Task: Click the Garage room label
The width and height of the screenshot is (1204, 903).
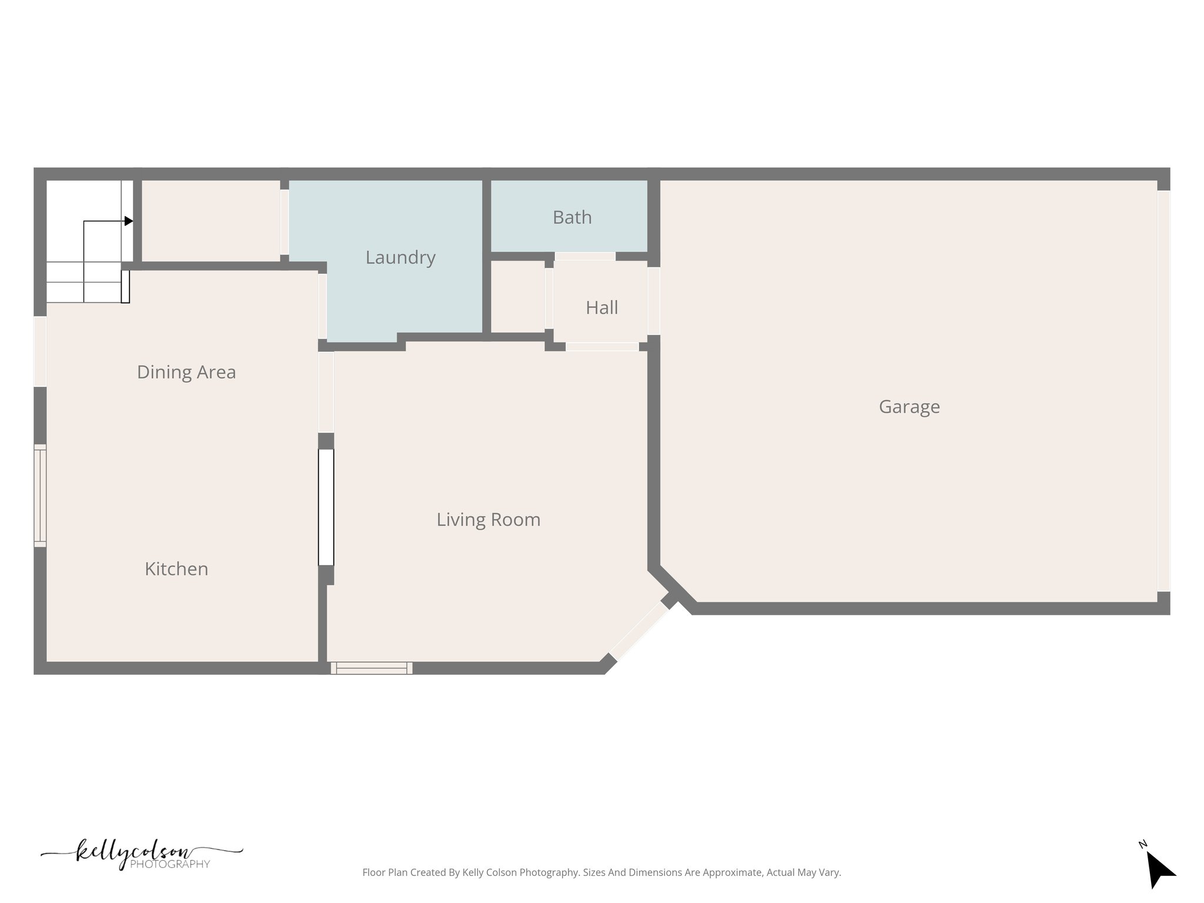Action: pyautogui.click(x=909, y=407)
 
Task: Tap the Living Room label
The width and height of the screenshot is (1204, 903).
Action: pyautogui.click(x=488, y=520)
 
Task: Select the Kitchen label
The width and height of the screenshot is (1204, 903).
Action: pyautogui.click(x=176, y=569)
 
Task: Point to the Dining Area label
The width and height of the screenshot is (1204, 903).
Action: pyautogui.click(x=186, y=372)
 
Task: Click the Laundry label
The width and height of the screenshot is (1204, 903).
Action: pyautogui.click(x=400, y=257)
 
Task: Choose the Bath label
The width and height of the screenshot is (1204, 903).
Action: pyautogui.click(x=572, y=218)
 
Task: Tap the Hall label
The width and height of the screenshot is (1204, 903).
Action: pyautogui.click(x=601, y=307)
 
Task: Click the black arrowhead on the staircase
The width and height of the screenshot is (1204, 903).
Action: pyautogui.click(x=129, y=221)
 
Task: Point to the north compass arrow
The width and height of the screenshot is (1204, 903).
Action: pyautogui.click(x=1159, y=869)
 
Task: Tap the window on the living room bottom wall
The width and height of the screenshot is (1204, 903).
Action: pyautogui.click(x=372, y=668)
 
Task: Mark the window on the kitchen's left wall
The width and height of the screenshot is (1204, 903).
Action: pyautogui.click(x=40, y=495)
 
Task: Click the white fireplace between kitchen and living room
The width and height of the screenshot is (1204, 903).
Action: pyautogui.click(x=326, y=507)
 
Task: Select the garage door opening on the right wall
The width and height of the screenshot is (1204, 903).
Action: pyautogui.click(x=1163, y=391)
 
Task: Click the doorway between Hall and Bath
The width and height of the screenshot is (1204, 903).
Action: pyautogui.click(x=584, y=256)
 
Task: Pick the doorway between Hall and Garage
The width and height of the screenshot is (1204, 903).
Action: pyautogui.click(x=653, y=300)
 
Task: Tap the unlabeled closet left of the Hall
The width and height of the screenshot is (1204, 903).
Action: pyautogui.click(x=517, y=297)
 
